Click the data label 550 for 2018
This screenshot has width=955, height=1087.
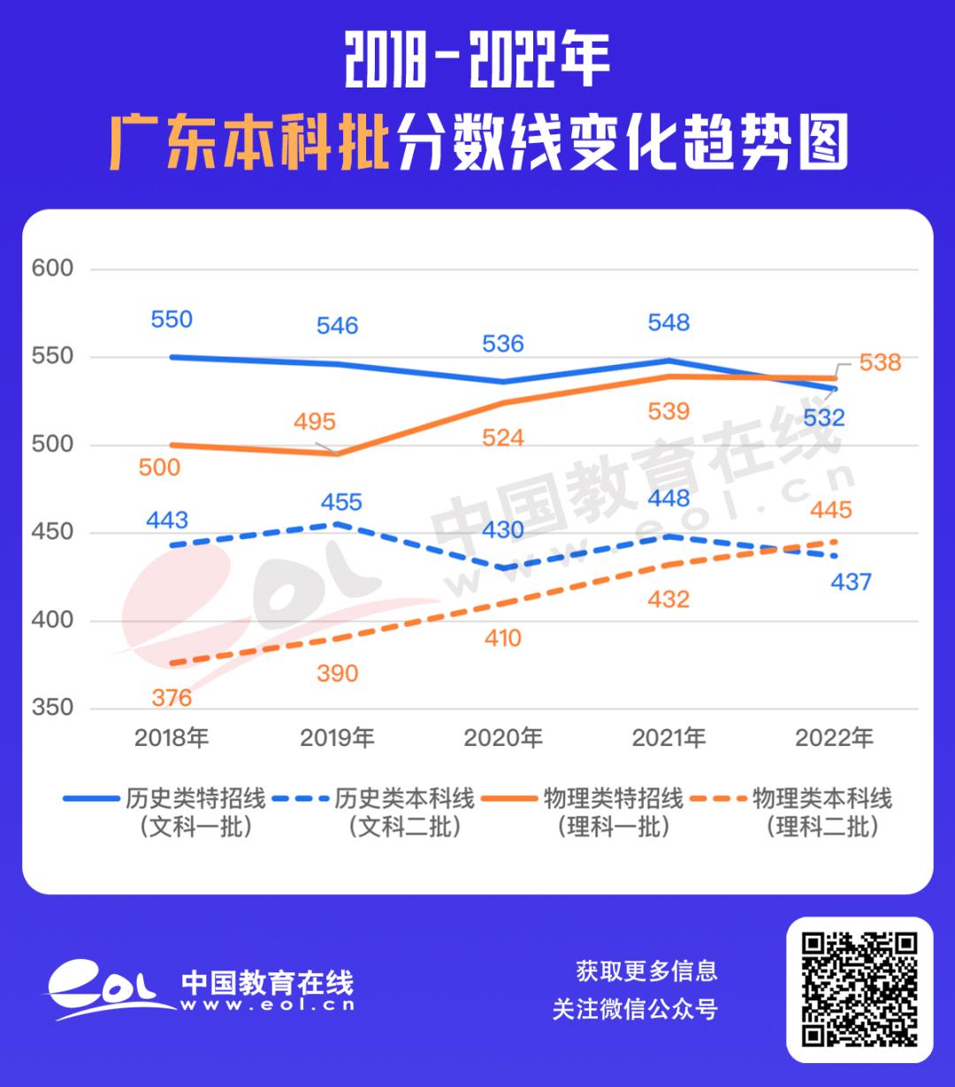pos(172,319)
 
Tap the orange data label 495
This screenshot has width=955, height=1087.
pos(315,422)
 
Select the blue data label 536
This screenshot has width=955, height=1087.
pos(503,344)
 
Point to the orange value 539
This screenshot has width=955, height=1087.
pos(668,412)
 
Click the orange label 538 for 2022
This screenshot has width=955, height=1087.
pos(880,362)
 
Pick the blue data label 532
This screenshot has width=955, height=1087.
pos(823,418)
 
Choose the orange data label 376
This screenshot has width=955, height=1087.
pos(172,698)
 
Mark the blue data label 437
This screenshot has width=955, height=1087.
pos(851,582)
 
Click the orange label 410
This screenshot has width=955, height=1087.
pos(503,638)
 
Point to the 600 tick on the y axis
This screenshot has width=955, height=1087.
pos(53,269)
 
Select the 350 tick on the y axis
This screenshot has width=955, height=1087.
pos(53,708)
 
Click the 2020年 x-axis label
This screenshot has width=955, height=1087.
pos(503,738)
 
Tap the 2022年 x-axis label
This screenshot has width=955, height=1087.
pos(834,738)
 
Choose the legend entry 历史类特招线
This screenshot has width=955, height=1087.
pos(195,799)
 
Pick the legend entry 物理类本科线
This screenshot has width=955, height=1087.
pos(822,799)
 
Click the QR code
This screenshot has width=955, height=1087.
pos(859,989)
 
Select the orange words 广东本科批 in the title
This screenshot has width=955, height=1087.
pos(250,141)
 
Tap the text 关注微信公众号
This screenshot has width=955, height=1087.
pos(635,1009)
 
